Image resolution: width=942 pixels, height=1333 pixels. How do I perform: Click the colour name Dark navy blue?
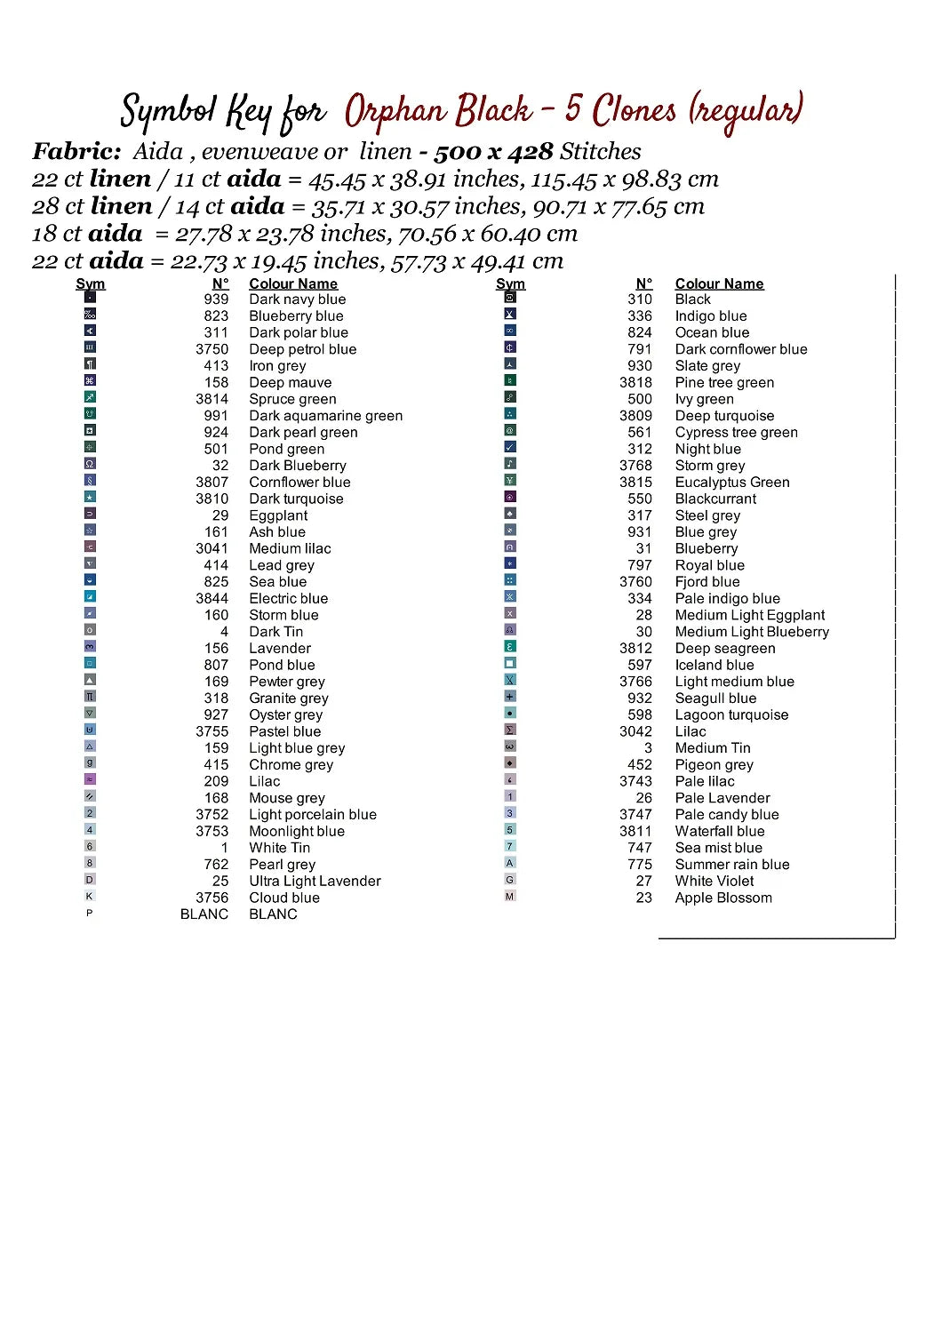[x=297, y=299]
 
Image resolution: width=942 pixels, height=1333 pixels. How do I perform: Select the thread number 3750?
[x=212, y=349]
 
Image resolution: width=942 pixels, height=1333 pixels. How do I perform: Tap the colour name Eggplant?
[x=278, y=515]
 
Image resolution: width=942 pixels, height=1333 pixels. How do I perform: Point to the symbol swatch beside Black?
[x=510, y=297]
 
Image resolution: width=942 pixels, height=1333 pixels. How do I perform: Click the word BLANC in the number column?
[x=204, y=914]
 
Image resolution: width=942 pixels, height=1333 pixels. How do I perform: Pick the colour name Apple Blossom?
[x=723, y=898]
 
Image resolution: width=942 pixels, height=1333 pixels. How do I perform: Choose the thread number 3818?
[x=635, y=382]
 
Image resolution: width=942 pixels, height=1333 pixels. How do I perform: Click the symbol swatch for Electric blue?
[x=90, y=596]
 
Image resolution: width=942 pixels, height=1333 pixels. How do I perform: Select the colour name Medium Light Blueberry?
[x=752, y=632]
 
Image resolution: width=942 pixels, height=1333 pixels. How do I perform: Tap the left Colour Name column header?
[x=293, y=283]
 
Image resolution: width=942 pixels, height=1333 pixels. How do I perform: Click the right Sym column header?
[x=510, y=283]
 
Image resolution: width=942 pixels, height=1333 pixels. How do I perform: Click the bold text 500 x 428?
[x=493, y=152]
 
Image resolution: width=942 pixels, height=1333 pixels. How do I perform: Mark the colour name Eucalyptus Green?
[x=732, y=483]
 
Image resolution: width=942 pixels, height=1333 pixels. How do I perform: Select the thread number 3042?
[x=635, y=731]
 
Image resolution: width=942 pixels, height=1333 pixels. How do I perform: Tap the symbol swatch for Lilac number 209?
[x=90, y=779]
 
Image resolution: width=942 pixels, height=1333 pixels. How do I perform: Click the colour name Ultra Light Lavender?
[x=315, y=881]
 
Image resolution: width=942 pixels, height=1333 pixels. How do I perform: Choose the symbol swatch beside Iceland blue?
[x=510, y=663]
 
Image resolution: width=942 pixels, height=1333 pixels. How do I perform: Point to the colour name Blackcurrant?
[x=715, y=499]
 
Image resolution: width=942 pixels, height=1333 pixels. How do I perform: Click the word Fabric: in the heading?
[x=76, y=152]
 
